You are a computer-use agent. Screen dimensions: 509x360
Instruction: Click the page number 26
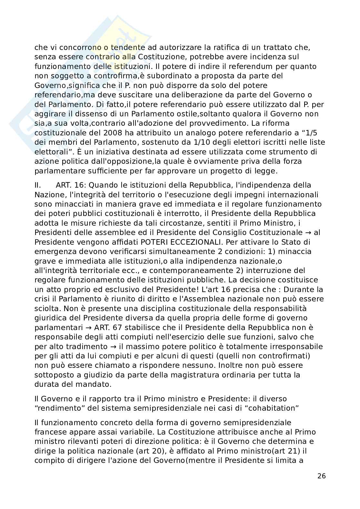pos(322,476)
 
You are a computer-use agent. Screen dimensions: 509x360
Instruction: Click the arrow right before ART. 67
pos(88,328)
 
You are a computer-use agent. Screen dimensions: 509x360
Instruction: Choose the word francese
pos(51,432)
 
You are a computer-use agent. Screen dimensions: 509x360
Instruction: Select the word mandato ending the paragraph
pos(98,384)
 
